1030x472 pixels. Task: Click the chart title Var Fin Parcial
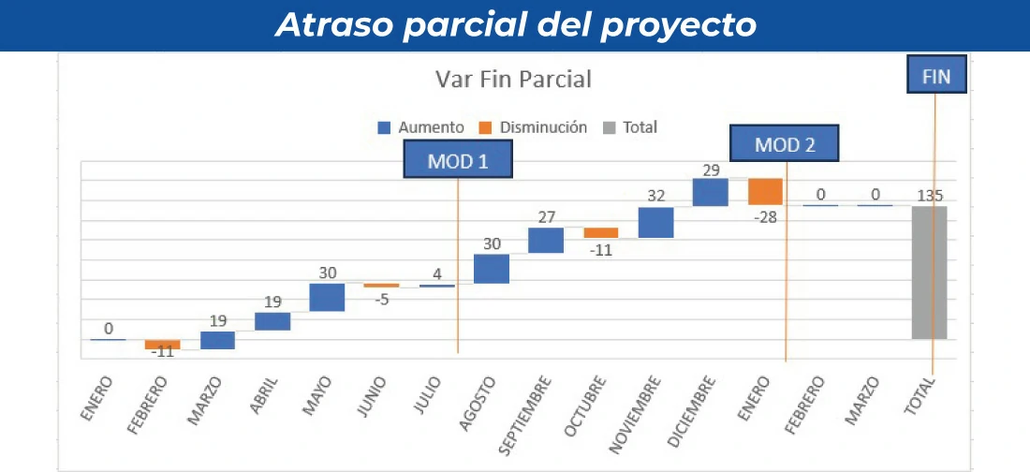[x=513, y=80]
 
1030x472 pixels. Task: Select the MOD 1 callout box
[x=458, y=160]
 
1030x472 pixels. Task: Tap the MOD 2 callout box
[x=785, y=144]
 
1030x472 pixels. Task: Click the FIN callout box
[x=935, y=76]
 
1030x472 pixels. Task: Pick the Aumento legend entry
[x=420, y=127]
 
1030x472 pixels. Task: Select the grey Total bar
[x=929, y=273]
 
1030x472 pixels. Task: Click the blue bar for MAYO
[x=327, y=297]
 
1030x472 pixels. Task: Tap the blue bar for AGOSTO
[x=492, y=269]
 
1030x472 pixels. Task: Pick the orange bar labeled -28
[x=765, y=191]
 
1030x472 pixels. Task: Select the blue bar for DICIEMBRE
[x=711, y=192]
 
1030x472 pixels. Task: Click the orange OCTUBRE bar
[x=601, y=232]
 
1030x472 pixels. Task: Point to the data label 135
[x=930, y=196]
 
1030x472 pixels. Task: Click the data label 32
[x=656, y=197]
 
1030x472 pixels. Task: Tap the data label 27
[x=546, y=216]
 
